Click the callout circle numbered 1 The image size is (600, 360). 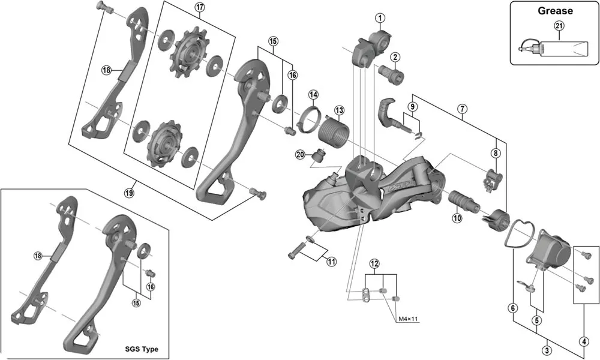click(380, 18)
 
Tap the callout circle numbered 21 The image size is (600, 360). click(559, 25)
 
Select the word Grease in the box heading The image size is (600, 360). click(555, 11)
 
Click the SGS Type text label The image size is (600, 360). click(143, 349)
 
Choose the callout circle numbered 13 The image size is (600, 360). click(340, 110)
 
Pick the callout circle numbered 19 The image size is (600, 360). click(128, 193)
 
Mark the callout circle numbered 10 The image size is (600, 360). click(457, 219)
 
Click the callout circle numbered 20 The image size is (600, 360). click(301, 155)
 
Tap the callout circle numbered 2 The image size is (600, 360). click(395, 58)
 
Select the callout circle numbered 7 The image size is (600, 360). click(462, 109)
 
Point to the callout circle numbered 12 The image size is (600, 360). click(374, 264)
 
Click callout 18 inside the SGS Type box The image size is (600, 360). click(37, 256)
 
